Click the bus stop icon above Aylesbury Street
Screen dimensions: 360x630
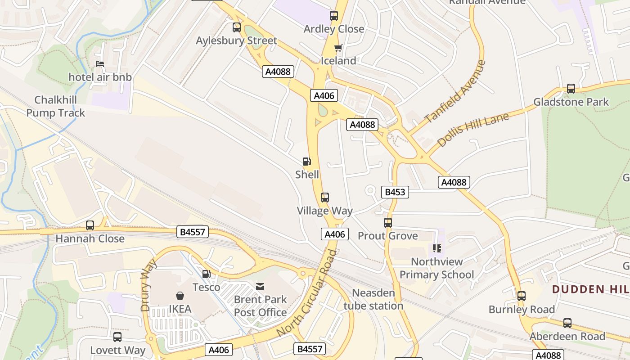237,27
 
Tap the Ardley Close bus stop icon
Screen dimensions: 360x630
333,16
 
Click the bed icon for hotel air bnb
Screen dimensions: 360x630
100,64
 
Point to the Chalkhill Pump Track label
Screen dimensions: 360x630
55,106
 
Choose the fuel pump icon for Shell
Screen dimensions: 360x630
306,162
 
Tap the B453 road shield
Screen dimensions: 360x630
395,192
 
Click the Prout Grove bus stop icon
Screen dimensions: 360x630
387,222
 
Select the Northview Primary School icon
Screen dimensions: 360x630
436,248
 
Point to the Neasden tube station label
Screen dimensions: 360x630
373,299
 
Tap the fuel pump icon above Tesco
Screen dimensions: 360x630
206,274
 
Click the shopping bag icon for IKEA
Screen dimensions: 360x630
180,296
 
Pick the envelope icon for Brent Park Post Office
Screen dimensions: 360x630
260,286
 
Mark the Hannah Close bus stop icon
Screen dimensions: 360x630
90,225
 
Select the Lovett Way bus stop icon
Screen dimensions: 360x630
117,337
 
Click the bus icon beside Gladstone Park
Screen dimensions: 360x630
571,89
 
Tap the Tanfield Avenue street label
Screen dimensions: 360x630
455,91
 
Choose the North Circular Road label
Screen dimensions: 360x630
307,293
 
